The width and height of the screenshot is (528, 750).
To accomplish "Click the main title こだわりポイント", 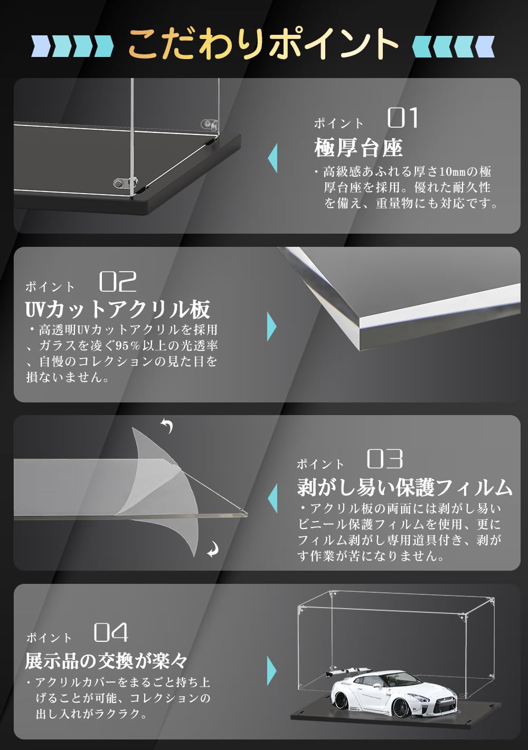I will [x=263, y=43].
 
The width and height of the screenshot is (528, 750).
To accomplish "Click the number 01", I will [x=403, y=118].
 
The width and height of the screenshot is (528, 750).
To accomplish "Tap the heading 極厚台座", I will [x=359, y=148].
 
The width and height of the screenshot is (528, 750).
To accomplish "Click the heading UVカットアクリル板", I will [x=118, y=310].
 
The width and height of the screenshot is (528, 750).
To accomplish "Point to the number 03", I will [x=385, y=459].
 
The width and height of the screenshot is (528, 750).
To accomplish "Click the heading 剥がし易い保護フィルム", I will [x=404, y=487].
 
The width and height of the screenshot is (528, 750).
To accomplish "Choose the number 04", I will [x=111, y=632].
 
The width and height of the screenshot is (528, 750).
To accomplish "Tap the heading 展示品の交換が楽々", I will [x=106, y=660].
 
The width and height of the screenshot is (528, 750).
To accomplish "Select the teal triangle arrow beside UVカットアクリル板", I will [x=271, y=327].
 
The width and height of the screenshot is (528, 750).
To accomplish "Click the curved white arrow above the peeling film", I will [x=167, y=425].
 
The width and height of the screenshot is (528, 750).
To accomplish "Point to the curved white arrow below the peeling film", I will [x=213, y=550].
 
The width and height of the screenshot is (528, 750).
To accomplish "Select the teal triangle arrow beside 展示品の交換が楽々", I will [x=271, y=670].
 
